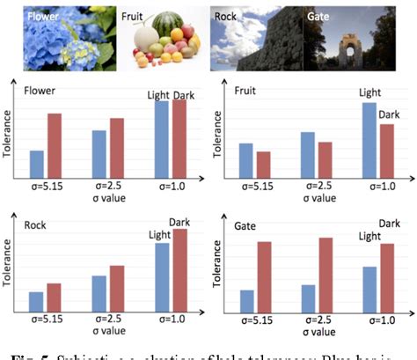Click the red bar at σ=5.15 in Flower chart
point(55,145)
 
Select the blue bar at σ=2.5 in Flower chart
point(99,154)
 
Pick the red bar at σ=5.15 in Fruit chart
point(263,165)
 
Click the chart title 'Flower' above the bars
point(40,92)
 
